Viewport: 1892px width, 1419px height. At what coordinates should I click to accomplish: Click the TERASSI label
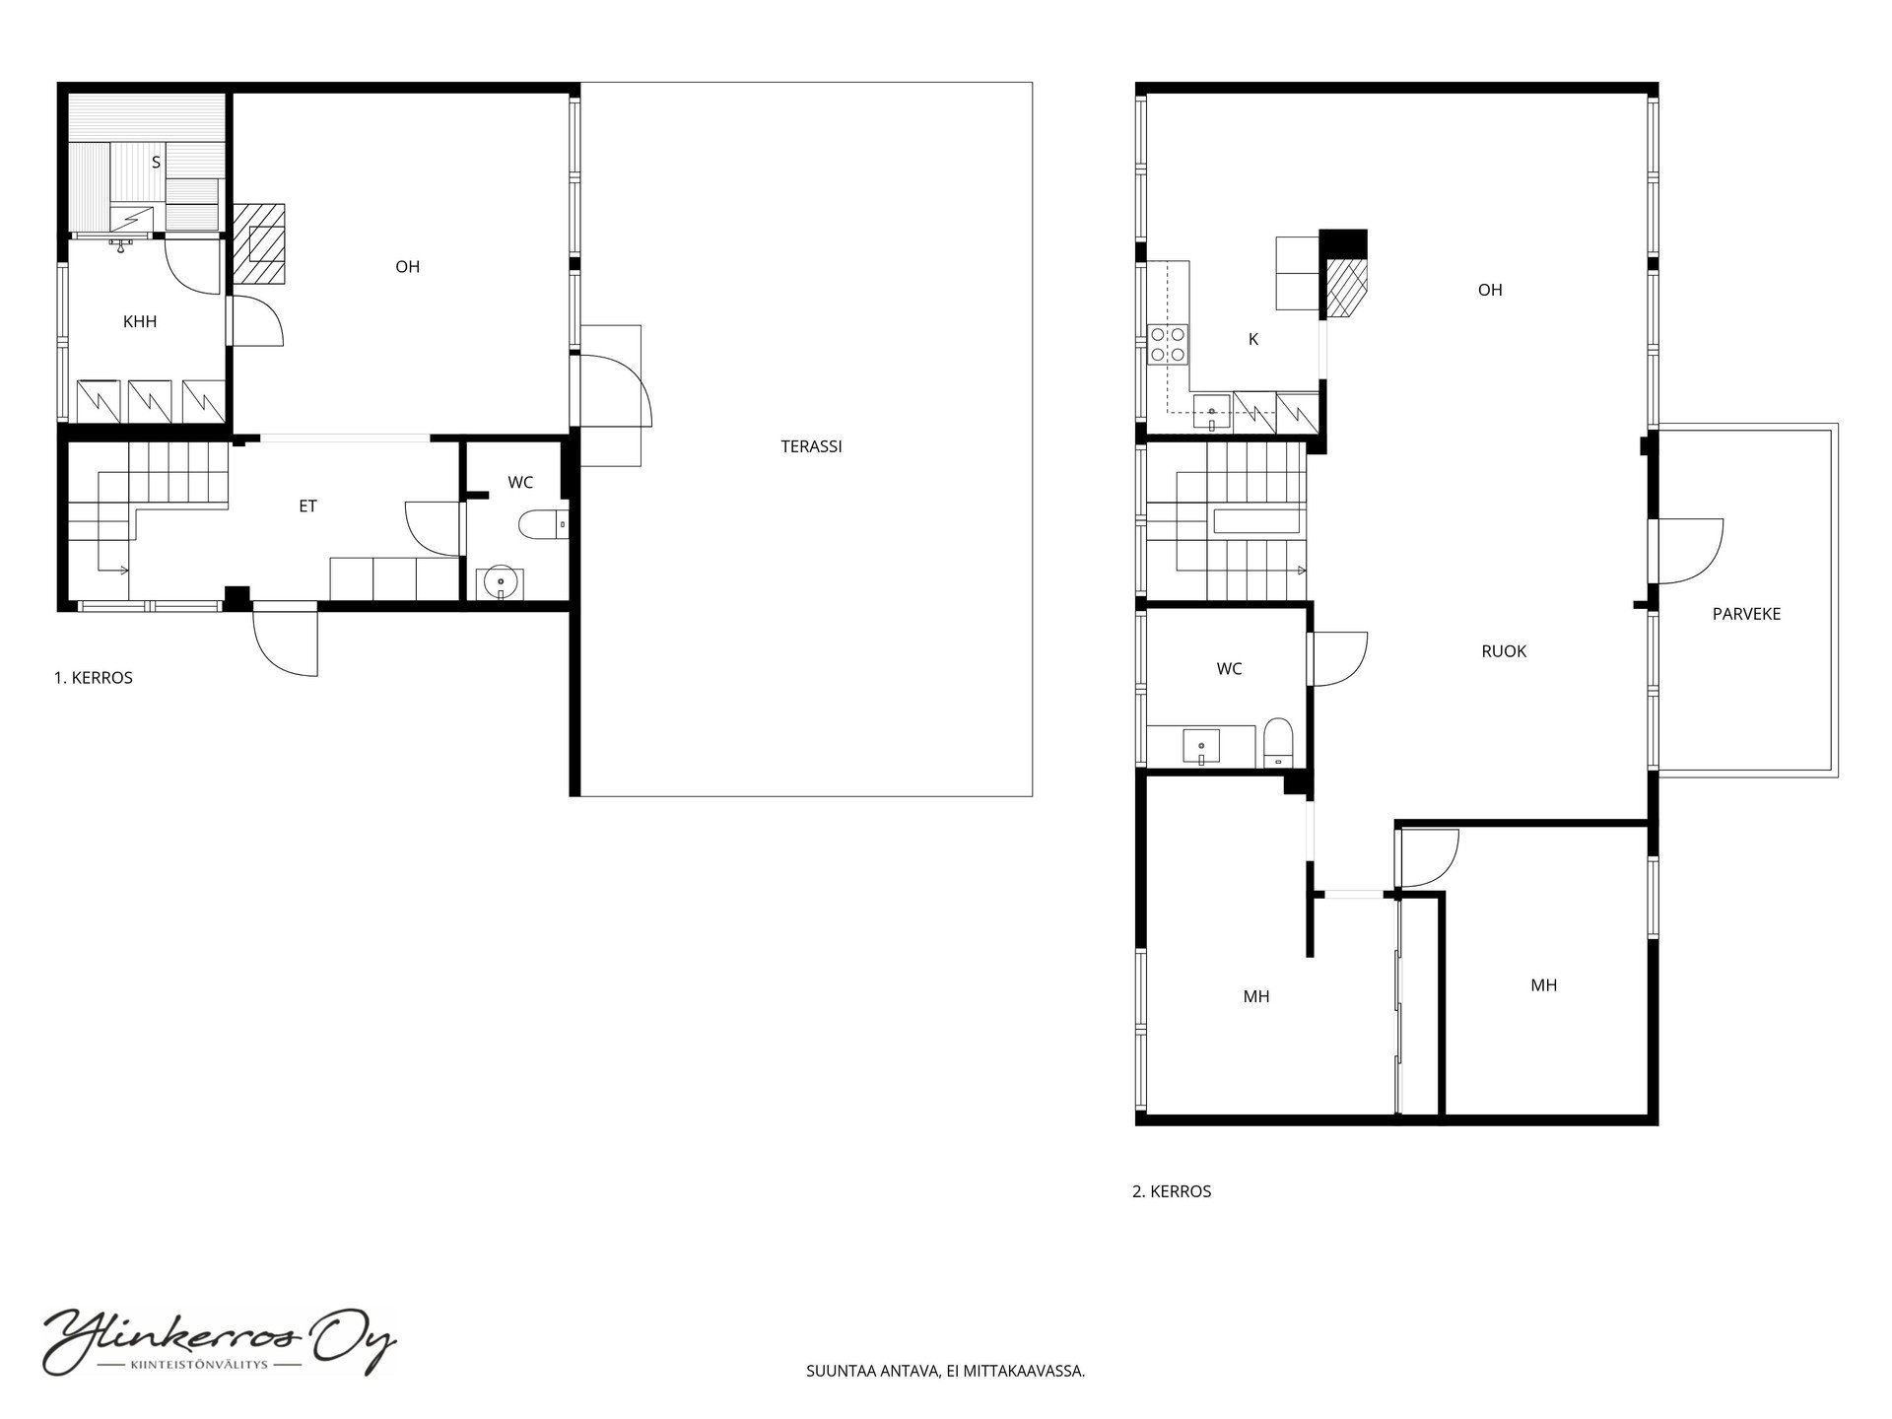click(811, 446)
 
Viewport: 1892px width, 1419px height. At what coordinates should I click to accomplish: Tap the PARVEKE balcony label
click(1746, 614)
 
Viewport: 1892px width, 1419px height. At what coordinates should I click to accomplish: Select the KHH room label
click(140, 321)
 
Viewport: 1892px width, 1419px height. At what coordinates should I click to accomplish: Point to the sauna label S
click(156, 163)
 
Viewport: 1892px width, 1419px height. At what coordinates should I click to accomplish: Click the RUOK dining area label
click(1504, 651)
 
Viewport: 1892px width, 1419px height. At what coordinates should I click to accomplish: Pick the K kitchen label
click(1253, 339)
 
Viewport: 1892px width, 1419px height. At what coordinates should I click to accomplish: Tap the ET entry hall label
click(307, 506)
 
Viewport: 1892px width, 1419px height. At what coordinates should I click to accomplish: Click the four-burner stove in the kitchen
click(1168, 345)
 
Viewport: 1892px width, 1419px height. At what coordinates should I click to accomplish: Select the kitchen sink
click(1211, 413)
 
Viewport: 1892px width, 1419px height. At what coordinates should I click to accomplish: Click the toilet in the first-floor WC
click(542, 524)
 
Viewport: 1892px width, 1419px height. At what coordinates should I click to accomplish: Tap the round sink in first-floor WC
click(501, 583)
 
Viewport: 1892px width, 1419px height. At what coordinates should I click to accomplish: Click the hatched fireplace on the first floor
click(260, 243)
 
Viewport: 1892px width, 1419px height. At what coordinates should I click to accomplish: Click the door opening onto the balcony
click(1687, 551)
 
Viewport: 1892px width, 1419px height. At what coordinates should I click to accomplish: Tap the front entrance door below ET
click(286, 640)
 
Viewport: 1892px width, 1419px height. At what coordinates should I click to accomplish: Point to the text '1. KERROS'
click(93, 678)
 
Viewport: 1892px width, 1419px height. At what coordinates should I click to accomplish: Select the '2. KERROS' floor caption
click(1172, 1191)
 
